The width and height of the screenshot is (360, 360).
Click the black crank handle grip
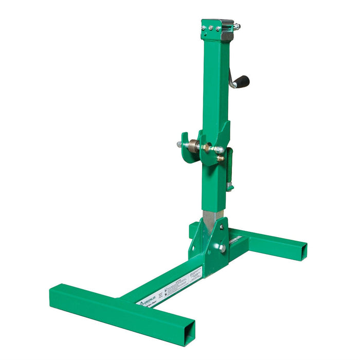click(x=242, y=81)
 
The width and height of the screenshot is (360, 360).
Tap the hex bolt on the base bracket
click(x=223, y=248)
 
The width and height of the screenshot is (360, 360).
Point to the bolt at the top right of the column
click(x=237, y=26)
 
